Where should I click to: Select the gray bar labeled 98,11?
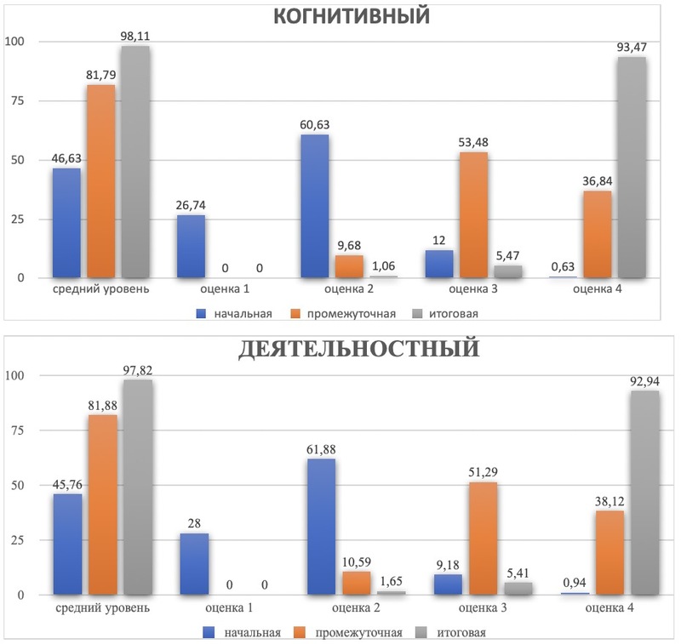click(x=135, y=162)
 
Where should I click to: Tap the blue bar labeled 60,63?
click(x=313, y=206)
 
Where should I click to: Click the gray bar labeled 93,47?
click(x=631, y=168)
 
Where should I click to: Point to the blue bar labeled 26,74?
click(x=191, y=246)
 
